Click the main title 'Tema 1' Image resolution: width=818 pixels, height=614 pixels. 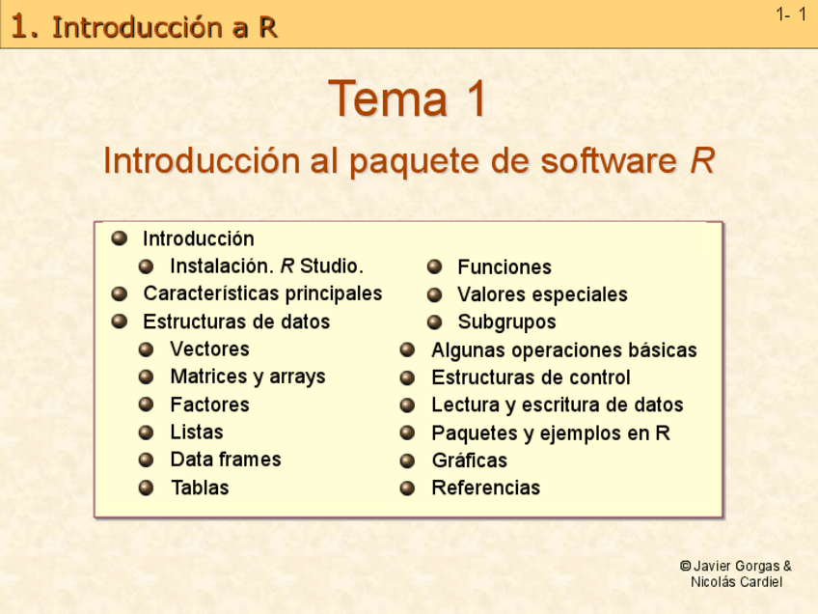click(x=407, y=99)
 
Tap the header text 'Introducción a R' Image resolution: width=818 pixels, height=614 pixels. click(x=165, y=28)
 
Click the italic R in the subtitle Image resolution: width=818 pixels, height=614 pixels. click(x=702, y=161)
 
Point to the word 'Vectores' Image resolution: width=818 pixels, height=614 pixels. click(x=209, y=349)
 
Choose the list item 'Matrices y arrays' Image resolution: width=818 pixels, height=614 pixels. click(x=247, y=377)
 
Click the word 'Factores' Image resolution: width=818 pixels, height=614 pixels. click(x=209, y=405)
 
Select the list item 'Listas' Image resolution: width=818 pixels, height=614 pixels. click(x=196, y=432)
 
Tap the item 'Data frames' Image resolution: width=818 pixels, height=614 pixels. click(x=225, y=460)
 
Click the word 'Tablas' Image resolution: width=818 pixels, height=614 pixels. click(x=199, y=488)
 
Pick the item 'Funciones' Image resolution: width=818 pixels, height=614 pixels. click(x=504, y=267)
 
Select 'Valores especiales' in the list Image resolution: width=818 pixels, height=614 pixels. click(x=542, y=294)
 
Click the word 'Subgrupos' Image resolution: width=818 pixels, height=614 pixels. click(x=506, y=322)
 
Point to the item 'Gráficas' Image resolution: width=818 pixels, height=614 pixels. click(x=469, y=460)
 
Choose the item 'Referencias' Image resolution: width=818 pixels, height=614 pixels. click(x=485, y=488)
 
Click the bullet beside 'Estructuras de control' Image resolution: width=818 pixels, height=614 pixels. click(x=408, y=377)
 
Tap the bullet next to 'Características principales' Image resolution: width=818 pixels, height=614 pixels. click(x=120, y=293)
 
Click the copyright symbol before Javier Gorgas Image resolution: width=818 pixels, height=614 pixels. click(x=685, y=567)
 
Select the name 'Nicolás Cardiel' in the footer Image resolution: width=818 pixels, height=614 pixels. click(x=736, y=582)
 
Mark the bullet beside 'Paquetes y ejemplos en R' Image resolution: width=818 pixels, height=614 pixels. click(x=408, y=433)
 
